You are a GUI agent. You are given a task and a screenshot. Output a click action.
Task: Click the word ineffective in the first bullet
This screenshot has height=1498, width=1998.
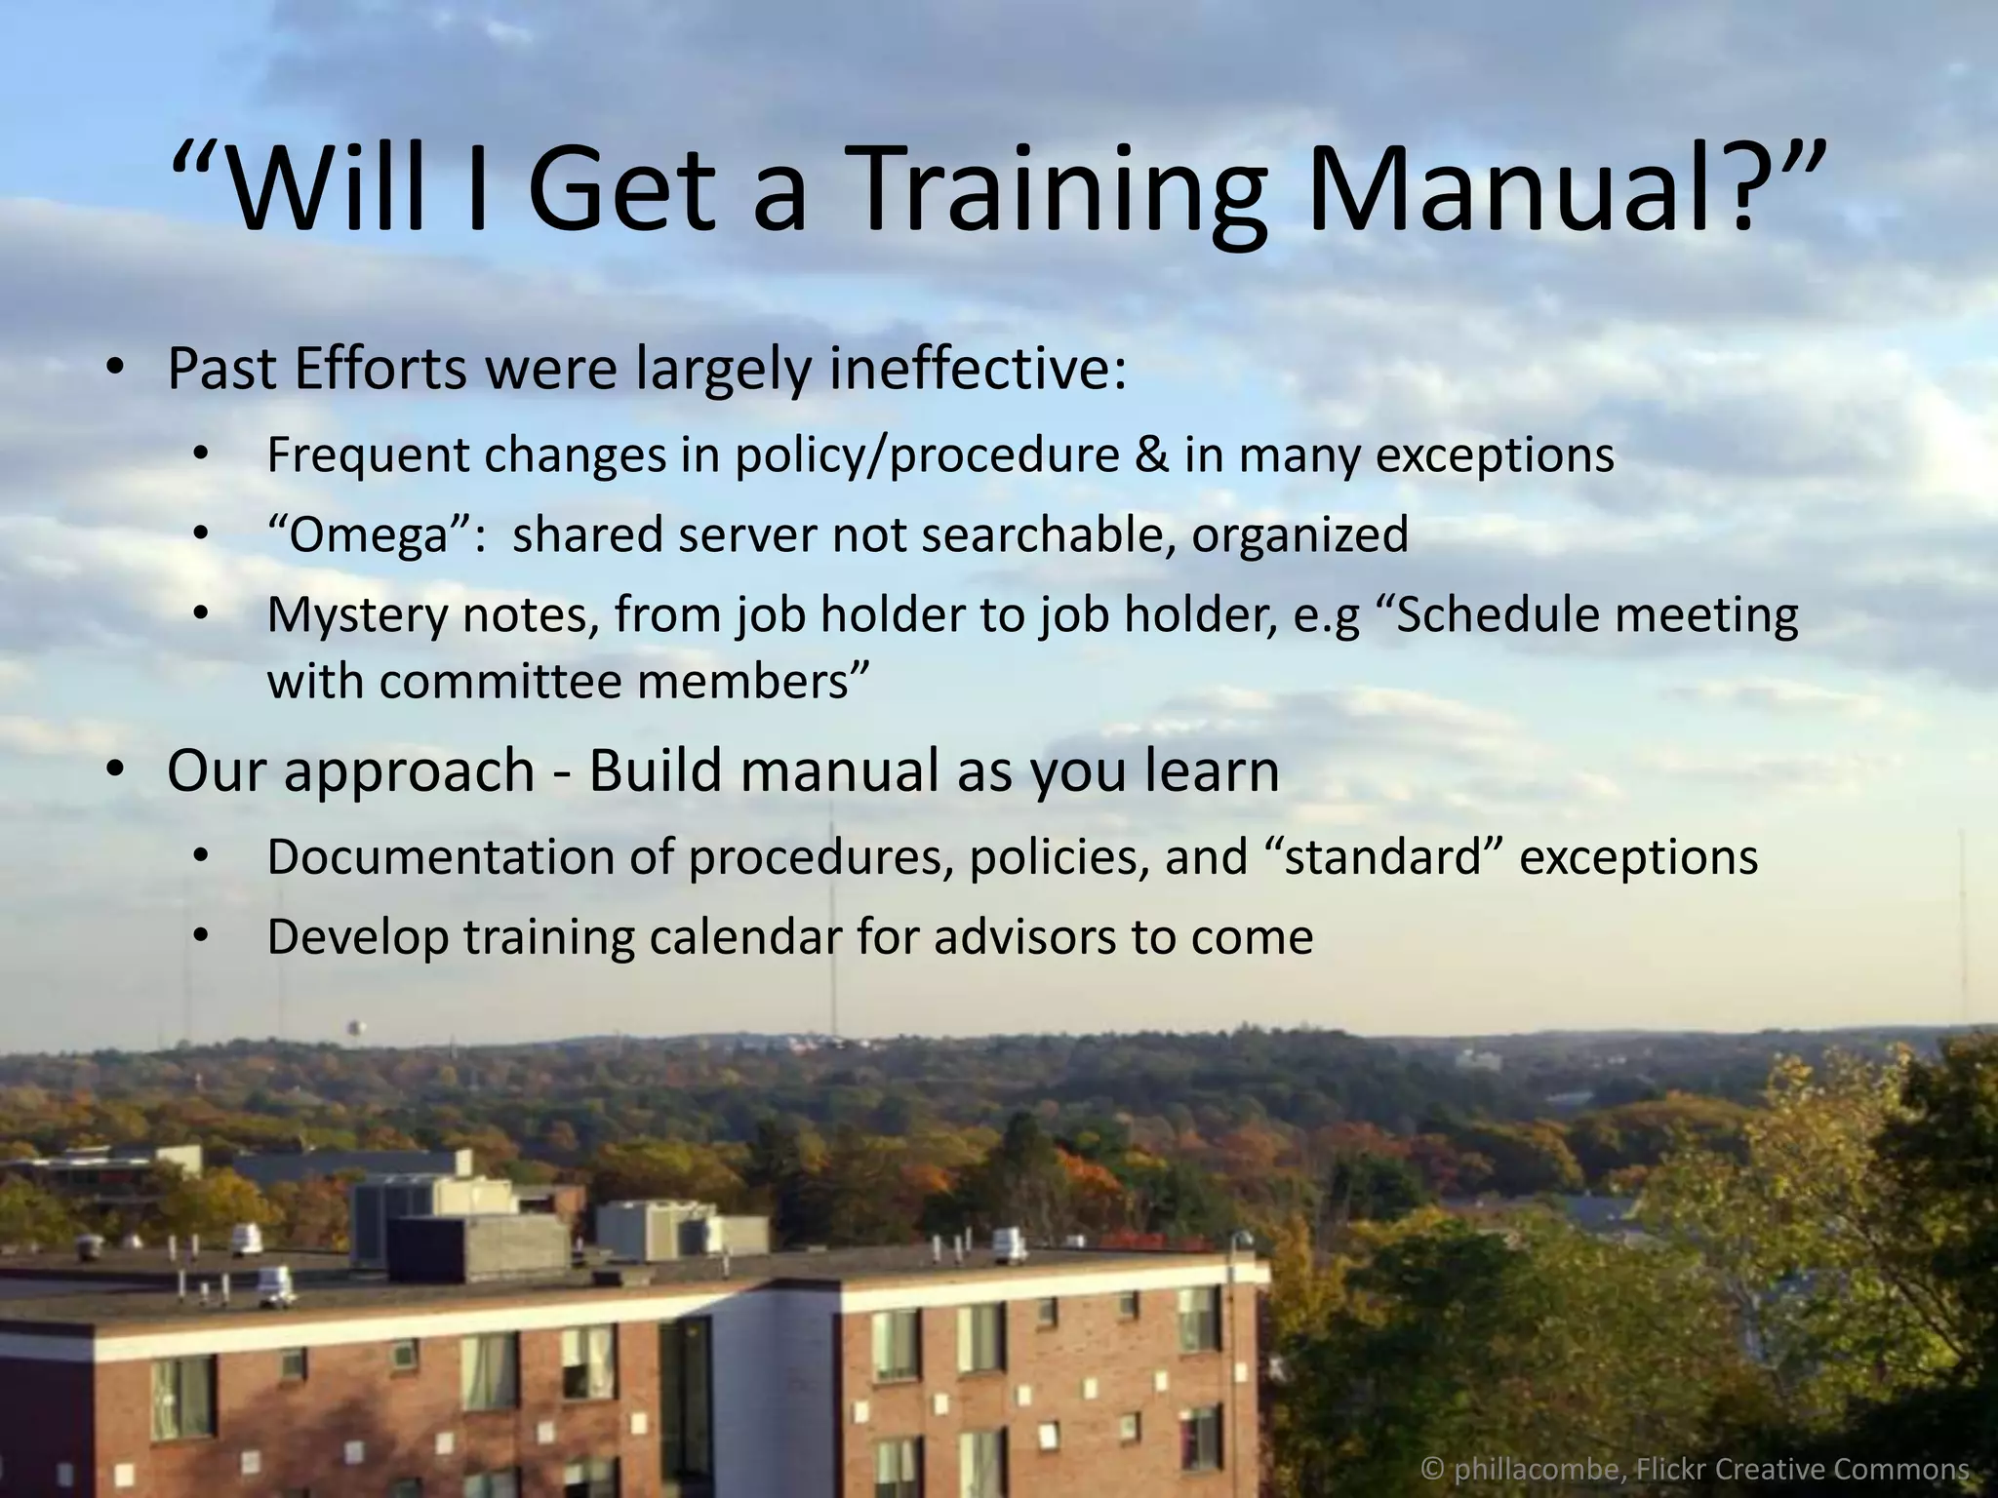[970, 370]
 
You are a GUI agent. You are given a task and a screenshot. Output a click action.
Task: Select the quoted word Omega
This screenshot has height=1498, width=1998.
[370, 534]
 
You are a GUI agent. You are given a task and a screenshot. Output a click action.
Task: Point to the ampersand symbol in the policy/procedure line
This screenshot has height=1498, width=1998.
[1151, 454]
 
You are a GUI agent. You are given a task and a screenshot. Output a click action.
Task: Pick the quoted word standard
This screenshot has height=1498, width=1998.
[1384, 857]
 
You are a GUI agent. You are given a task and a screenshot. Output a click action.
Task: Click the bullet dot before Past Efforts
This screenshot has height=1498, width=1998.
[115, 370]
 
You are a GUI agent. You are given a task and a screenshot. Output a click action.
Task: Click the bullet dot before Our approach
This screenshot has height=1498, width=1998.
[115, 770]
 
